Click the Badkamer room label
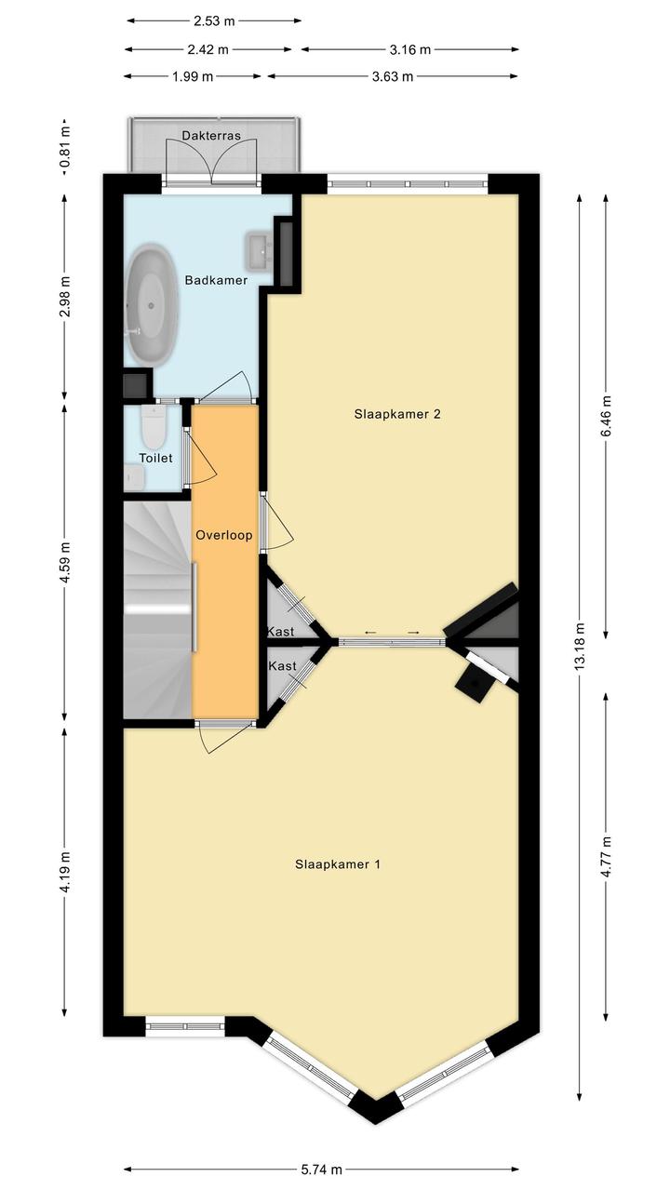216,280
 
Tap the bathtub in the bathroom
152,305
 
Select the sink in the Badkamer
260,250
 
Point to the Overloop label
223,535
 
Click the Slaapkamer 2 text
397,414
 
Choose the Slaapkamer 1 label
338,864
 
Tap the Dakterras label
211,136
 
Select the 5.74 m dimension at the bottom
321,1170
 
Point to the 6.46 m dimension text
606,416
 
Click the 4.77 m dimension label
606,858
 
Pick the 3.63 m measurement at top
392,76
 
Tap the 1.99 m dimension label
193,76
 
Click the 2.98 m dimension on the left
64,297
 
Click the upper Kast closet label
280,632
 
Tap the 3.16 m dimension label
409,50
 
